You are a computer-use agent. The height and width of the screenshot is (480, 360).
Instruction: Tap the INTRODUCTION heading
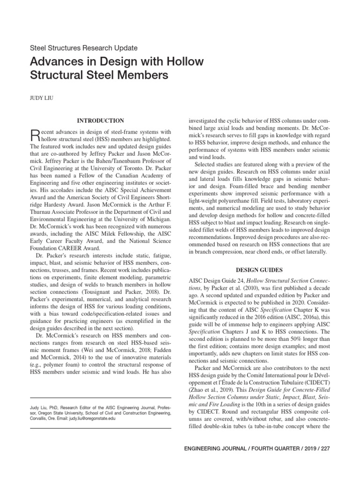point(101,120)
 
